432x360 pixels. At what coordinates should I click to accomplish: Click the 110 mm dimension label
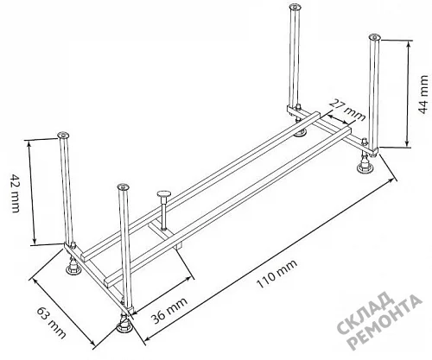[x=276, y=274]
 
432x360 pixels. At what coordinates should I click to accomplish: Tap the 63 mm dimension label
[x=52, y=322]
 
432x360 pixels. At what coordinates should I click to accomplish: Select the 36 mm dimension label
[x=169, y=310]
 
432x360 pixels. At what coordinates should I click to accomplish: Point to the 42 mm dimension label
[x=15, y=193]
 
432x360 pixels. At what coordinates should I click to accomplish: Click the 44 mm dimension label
[x=422, y=94]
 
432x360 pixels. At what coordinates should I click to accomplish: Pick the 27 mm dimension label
[x=347, y=111]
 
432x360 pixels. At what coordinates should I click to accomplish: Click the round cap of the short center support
[x=163, y=194]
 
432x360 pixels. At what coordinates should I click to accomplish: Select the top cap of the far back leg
[x=295, y=6]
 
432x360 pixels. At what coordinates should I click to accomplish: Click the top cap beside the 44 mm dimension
[x=374, y=37]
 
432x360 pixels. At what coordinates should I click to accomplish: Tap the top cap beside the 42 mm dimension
[x=63, y=135]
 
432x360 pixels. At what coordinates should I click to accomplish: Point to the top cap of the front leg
[x=124, y=186]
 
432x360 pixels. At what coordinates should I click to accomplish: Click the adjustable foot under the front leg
[x=124, y=325]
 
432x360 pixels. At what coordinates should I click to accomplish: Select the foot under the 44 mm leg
[x=365, y=165]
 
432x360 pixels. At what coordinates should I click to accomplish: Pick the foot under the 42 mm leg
[x=73, y=268]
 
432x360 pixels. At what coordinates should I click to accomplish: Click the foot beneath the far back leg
[x=300, y=133]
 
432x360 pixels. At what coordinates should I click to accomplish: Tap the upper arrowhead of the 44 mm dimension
[x=409, y=44]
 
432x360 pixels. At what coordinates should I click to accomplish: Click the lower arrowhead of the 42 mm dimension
[x=35, y=241]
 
